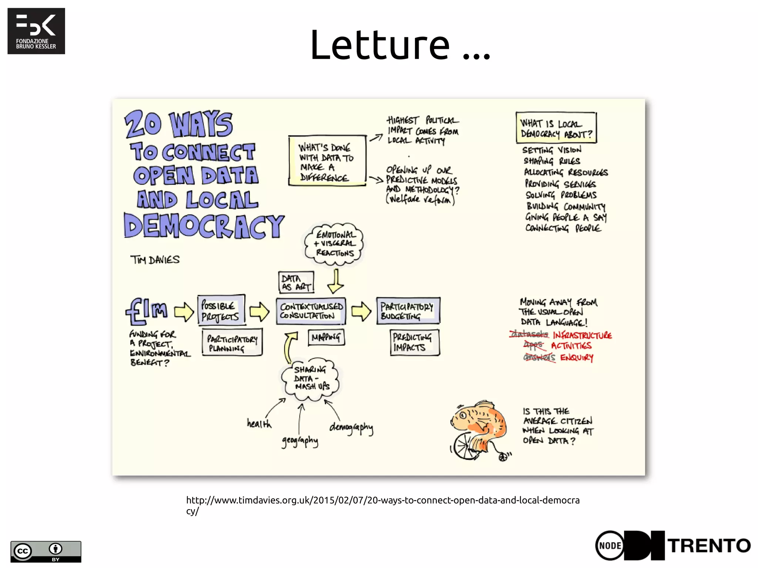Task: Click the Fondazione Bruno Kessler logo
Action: pos(36,31)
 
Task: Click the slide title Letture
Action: pos(400,45)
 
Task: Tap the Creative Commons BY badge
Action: pos(46,551)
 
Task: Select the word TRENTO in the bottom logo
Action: pos(709,546)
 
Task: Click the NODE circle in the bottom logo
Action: pos(610,545)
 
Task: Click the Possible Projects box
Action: pos(221,310)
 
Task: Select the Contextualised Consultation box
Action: pos(311,311)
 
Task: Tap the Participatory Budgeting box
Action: pos(407,311)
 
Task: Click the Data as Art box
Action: pos(296,282)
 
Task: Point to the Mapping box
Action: pos(326,337)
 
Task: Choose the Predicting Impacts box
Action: pos(414,342)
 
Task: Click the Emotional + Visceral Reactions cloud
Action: pos(334,244)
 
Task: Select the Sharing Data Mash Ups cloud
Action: pos(311,378)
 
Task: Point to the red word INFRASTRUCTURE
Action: pos(582,335)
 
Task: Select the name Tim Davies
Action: pos(155,260)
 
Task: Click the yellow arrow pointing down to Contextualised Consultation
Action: pos(335,281)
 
